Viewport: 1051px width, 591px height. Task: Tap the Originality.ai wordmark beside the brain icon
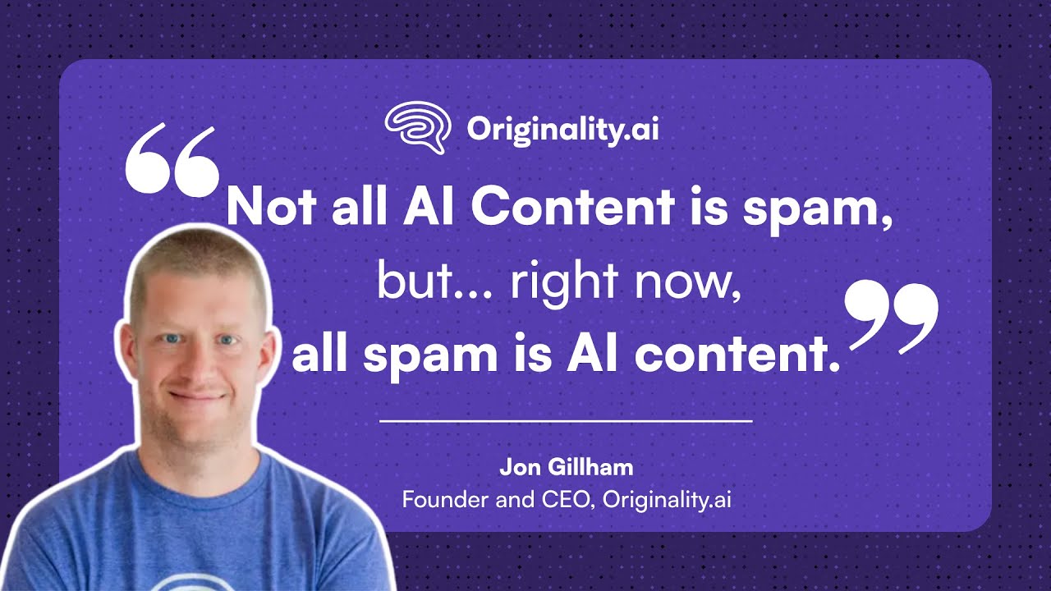(562, 129)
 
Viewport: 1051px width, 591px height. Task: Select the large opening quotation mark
(172, 160)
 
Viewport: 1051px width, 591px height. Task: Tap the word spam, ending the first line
(817, 208)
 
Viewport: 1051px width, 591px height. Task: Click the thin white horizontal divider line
(566, 420)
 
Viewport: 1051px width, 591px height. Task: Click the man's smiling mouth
(198, 398)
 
